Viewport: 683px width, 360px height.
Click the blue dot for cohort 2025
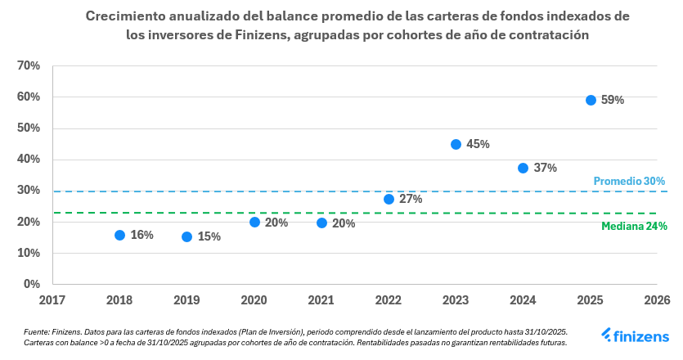pyautogui.click(x=591, y=100)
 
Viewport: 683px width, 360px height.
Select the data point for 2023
pyautogui.click(x=456, y=144)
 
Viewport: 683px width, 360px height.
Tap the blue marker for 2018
pyautogui.click(x=119, y=235)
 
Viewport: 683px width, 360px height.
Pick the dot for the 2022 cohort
pyautogui.click(x=389, y=199)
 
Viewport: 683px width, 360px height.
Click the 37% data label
pyautogui.click(x=545, y=168)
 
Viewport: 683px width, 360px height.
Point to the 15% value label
pyautogui.click(x=209, y=236)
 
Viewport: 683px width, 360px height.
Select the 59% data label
pyautogui.click(x=613, y=100)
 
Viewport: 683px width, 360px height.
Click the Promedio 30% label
pyautogui.click(x=628, y=181)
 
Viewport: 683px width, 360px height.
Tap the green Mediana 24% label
pyautogui.click(x=634, y=226)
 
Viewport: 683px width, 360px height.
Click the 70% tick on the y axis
pyautogui.click(x=29, y=65)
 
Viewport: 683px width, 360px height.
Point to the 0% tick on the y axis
pyautogui.click(x=32, y=284)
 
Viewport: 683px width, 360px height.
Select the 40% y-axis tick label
pyautogui.click(x=29, y=159)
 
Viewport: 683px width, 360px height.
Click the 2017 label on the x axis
pyautogui.click(x=52, y=300)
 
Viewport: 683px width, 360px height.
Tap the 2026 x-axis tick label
pyautogui.click(x=657, y=300)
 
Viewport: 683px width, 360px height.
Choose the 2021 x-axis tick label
pyautogui.click(x=321, y=300)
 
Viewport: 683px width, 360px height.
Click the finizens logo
pyautogui.click(x=635, y=335)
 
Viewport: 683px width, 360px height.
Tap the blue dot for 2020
pyautogui.click(x=254, y=222)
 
